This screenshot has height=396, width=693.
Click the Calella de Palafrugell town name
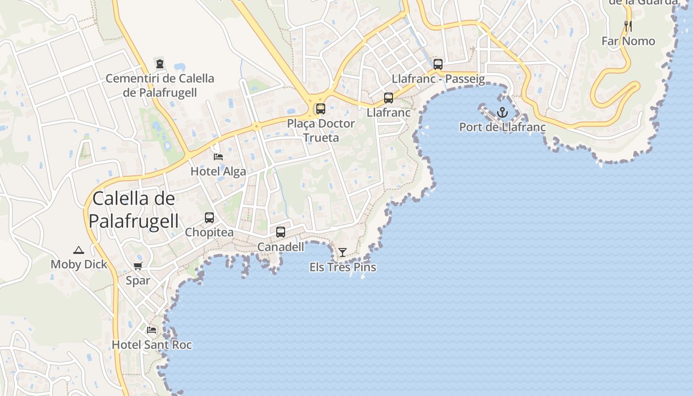[x=134, y=210]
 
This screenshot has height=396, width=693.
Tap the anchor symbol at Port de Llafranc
[x=502, y=112]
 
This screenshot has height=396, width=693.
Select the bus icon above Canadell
[x=281, y=232]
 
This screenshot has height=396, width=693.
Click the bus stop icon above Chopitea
[x=209, y=218]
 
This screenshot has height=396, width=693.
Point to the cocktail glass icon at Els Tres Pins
[x=342, y=252]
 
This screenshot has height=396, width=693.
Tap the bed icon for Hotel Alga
[x=218, y=157]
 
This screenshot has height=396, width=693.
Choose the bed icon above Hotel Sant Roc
[x=151, y=330]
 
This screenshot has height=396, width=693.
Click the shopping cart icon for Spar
[x=138, y=266]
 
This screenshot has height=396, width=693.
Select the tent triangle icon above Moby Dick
[x=79, y=250]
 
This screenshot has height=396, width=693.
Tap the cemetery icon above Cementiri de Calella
[x=160, y=63]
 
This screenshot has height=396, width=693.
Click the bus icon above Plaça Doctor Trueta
[x=321, y=109]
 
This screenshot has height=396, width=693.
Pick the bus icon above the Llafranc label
[x=389, y=98]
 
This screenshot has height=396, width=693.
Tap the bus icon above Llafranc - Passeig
[x=438, y=64]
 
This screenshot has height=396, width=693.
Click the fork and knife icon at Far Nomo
[x=628, y=26]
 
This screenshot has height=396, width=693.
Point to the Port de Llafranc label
[x=502, y=127]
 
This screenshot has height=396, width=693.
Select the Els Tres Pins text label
[x=343, y=267]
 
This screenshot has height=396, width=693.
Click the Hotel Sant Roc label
[x=151, y=345]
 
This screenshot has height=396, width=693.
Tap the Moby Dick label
[x=79, y=264]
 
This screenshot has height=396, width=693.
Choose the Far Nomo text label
[x=628, y=41]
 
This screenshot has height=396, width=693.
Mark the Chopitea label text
[x=209, y=232]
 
